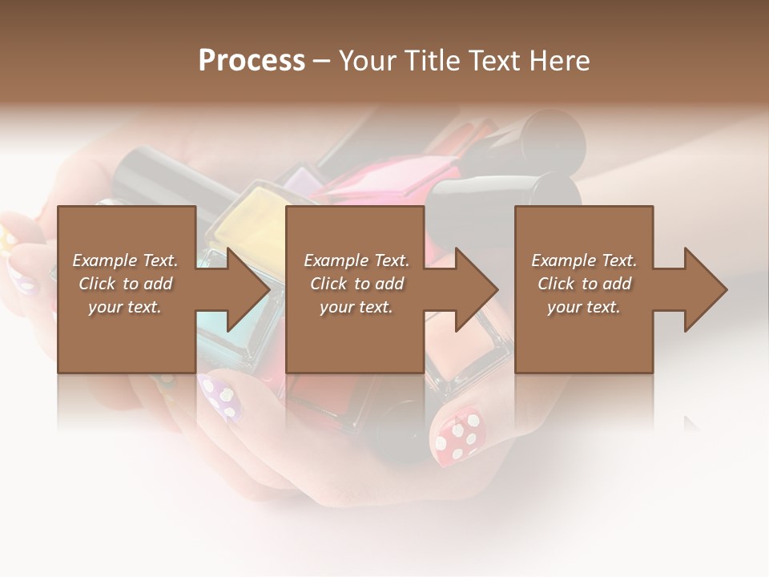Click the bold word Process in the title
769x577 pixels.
point(252,60)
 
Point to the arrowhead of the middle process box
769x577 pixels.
point(474,290)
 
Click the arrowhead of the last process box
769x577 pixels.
point(703,290)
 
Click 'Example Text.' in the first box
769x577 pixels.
point(125,260)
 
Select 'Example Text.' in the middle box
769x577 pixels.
point(356,260)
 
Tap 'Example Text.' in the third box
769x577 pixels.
point(584,260)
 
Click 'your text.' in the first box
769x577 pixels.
point(125,307)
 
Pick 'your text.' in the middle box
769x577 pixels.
point(356,307)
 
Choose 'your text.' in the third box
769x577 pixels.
point(584,307)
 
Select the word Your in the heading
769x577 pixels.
point(365,60)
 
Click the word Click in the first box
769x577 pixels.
point(98,284)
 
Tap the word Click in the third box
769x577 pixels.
point(557,284)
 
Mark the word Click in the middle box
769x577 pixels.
point(328,284)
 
